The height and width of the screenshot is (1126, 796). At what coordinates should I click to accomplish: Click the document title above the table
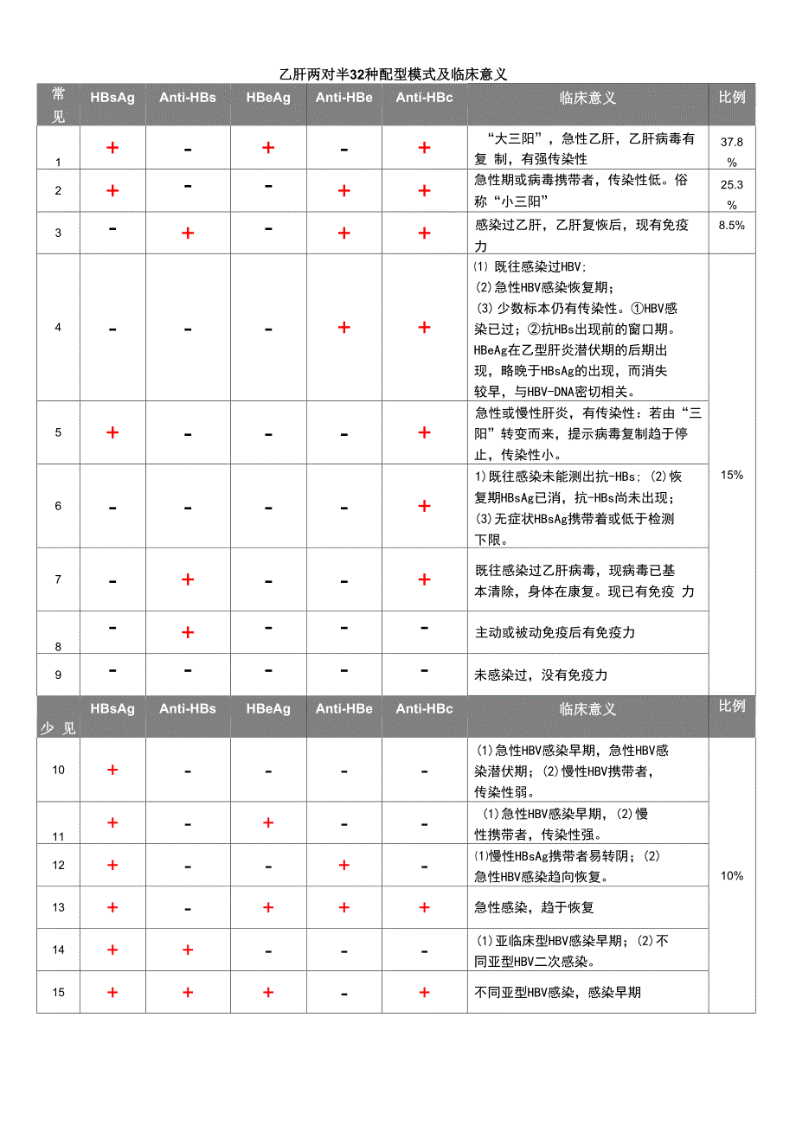click(394, 75)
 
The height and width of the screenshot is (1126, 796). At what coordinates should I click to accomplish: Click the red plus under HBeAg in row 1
click(268, 148)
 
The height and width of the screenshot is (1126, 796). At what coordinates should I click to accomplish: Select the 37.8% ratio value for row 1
click(731, 150)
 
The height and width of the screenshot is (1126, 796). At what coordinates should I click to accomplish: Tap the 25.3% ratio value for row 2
click(731, 194)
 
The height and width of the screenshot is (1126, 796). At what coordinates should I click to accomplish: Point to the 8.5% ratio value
click(731, 224)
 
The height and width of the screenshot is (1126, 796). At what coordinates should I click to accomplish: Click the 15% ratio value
click(731, 475)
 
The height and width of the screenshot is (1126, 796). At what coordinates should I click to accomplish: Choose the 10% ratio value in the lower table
click(731, 876)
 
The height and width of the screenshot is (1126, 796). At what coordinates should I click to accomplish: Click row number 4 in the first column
click(58, 328)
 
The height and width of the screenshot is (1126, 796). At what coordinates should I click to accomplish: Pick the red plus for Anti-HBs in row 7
click(188, 579)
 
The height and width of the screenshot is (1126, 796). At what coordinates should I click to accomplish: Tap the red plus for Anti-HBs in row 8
click(188, 632)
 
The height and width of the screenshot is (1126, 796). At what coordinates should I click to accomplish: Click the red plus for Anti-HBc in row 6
click(424, 506)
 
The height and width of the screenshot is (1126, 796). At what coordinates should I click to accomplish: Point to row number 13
click(58, 907)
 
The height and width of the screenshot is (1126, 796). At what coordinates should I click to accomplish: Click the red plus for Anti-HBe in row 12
click(343, 865)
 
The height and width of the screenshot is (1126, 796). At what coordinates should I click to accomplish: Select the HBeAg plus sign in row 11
click(268, 822)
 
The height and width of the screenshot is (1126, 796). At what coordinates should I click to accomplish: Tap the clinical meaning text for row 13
click(535, 907)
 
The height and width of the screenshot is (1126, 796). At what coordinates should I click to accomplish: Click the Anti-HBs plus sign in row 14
click(188, 950)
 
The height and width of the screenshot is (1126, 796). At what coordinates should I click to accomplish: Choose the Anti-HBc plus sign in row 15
click(424, 992)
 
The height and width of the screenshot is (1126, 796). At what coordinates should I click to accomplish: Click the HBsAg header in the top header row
click(112, 98)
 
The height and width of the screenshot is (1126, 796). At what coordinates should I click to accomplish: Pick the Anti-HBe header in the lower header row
click(343, 709)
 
